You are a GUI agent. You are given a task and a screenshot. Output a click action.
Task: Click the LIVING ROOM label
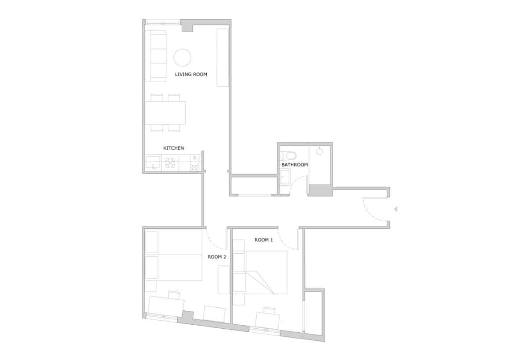click(191, 75)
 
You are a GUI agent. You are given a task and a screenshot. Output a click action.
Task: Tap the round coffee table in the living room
click(183, 58)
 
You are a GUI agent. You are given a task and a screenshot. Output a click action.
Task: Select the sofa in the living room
click(155, 56)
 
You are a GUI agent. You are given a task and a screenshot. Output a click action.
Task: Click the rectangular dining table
click(165, 113)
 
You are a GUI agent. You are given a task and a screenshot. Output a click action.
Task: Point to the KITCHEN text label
click(173, 148)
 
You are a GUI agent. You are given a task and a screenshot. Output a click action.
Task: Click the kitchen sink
click(153, 162)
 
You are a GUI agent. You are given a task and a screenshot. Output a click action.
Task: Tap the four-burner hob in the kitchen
click(170, 163)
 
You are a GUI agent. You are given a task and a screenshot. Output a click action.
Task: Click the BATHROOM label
click(295, 165)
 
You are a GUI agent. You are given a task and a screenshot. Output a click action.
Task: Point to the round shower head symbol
click(320, 151)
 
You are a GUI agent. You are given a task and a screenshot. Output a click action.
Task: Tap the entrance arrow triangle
click(395, 209)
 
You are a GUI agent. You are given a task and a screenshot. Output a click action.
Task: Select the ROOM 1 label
click(263, 240)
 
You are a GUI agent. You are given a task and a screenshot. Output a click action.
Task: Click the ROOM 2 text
click(217, 257)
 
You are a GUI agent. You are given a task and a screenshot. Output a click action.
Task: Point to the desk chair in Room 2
click(174, 295)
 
